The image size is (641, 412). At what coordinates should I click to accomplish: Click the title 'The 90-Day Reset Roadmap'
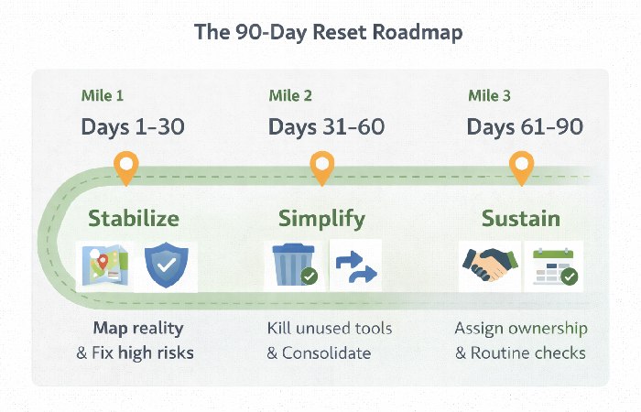(320, 32)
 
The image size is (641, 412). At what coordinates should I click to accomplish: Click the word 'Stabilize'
(134, 219)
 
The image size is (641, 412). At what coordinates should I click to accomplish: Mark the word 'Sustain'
(522, 219)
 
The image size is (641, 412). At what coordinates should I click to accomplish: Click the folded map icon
(103, 266)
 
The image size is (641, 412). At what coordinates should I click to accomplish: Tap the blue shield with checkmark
(166, 266)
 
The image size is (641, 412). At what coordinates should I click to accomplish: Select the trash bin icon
(294, 266)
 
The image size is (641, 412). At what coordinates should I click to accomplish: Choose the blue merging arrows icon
(355, 266)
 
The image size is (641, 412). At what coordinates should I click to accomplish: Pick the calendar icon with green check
(554, 266)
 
